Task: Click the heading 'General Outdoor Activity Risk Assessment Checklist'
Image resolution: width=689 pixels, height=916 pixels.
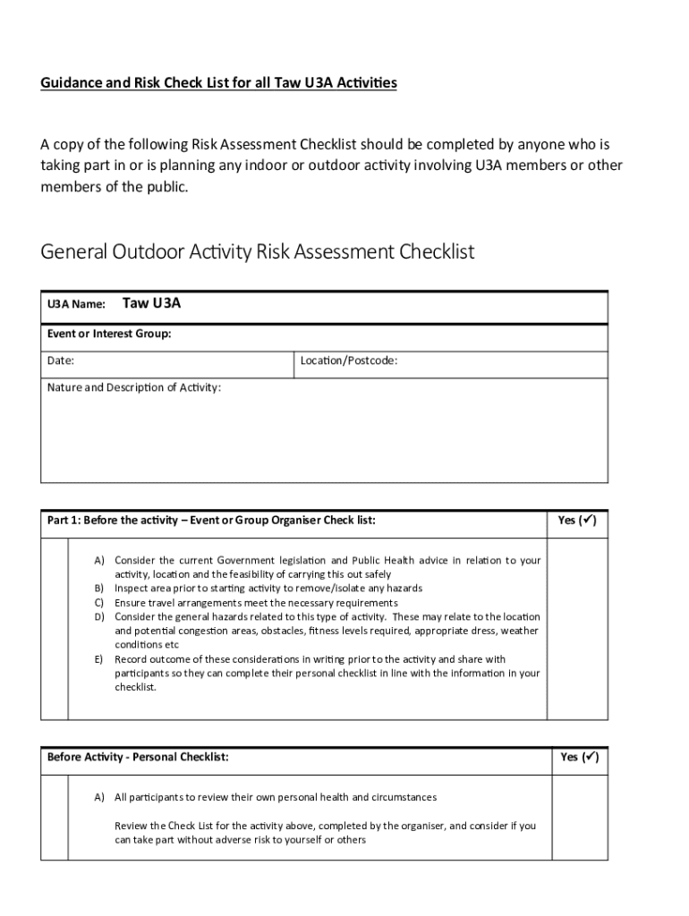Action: pos(258,252)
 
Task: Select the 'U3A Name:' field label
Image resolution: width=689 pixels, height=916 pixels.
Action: pos(76,304)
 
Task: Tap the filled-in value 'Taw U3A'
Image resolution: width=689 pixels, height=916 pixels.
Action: pos(151,303)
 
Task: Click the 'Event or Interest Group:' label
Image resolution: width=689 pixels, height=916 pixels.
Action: pos(108,334)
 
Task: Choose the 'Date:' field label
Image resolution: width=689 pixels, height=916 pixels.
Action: pos(61,361)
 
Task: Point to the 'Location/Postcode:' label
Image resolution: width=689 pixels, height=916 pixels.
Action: pos(349,361)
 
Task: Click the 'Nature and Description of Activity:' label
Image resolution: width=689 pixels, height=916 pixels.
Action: pos(134,388)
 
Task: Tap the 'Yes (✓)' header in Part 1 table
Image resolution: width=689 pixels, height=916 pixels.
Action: pos(577,520)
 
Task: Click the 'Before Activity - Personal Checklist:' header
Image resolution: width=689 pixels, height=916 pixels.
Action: pos(138,757)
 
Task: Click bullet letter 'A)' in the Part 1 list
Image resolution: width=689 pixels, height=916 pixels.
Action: pos(100,560)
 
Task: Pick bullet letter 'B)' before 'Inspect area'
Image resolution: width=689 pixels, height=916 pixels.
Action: pos(100,589)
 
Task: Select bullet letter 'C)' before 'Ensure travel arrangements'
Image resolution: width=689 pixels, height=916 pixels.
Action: pos(100,603)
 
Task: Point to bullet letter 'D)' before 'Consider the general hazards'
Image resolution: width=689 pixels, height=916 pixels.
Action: pos(100,617)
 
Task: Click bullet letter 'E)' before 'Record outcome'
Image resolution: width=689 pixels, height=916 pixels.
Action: pos(100,659)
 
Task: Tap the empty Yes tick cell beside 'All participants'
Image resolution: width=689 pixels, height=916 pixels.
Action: pos(579,818)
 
